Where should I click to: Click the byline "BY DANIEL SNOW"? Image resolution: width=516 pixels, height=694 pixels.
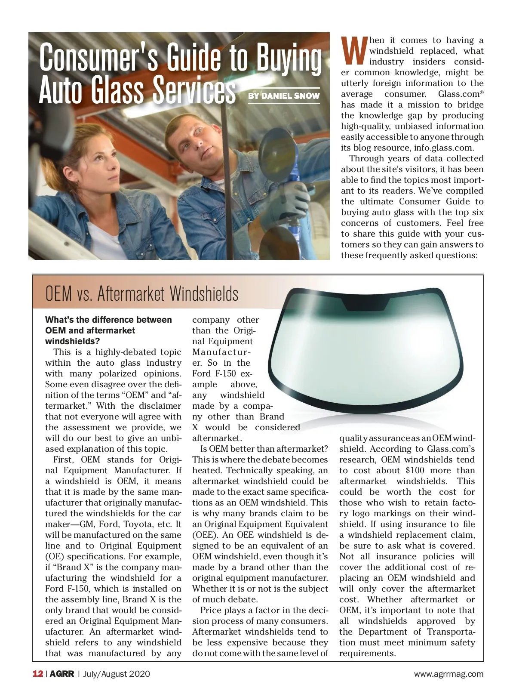tap(284, 96)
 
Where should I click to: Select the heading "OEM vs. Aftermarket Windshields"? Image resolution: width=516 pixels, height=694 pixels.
tap(142, 294)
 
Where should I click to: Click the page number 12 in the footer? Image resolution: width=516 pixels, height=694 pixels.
tap(37, 674)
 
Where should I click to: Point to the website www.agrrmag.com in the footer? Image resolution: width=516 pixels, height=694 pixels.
tap(448, 674)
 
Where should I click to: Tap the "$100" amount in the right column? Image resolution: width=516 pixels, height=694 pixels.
tap(415, 470)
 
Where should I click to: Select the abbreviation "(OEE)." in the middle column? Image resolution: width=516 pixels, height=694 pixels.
tap(206, 535)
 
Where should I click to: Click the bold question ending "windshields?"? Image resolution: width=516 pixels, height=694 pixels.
tap(72, 341)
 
